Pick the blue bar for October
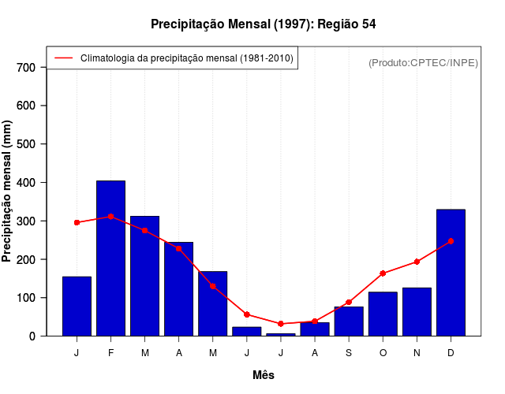pos(383,314)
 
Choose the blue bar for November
pos(417,312)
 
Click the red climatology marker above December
pos(451,241)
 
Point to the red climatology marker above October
pos(383,273)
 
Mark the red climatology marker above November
pos(417,262)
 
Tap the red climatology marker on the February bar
pos(110,216)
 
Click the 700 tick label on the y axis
pos(26,68)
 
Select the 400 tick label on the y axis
pos(26,183)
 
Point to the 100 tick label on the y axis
pos(26,298)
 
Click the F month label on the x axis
pos(110,353)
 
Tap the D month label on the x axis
pos(451,353)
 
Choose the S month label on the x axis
pos(349,353)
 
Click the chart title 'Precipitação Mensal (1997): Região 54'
pos(264,24)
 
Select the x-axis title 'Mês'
pos(264,375)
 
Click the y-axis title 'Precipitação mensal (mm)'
pos(8,191)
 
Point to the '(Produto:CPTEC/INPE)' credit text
pos(424,62)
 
